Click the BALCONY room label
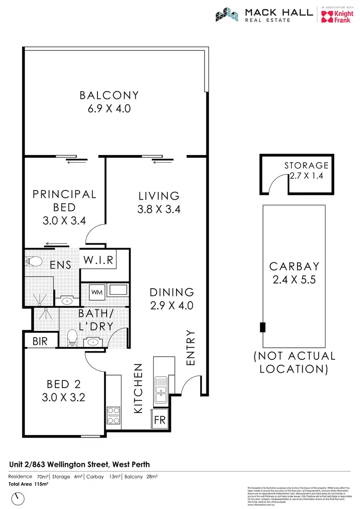pyautogui.click(x=109, y=95)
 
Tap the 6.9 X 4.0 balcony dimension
pyautogui.click(x=109, y=108)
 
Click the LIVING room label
pyautogui.click(x=159, y=196)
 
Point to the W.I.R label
pyautogui.click(x=98, y=260)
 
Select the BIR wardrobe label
pyautogui.click(x=39, y=341)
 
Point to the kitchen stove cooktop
pyautogui.click(x=114, y=415)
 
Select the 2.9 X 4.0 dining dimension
pyautogui.click(x=171, y=305)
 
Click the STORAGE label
pyautogui.click(x=306, y=165)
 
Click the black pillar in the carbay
pyautogui.click(x=262, y=327)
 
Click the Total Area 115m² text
pyautogui.click(x=29, y=485)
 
